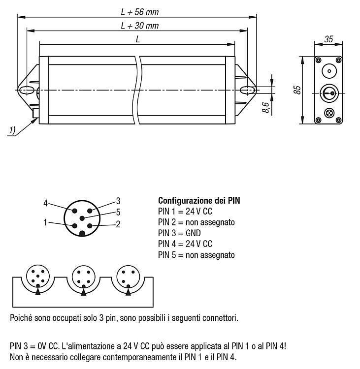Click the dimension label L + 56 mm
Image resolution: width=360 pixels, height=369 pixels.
[140, 12]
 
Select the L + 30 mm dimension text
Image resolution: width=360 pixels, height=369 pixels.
[140, 26]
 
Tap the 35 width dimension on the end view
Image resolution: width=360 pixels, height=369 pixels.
[328, 39]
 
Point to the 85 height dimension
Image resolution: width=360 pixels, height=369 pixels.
[297, 90]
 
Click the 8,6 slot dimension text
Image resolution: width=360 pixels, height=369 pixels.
[265, 107]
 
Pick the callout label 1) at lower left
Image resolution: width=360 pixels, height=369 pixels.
[12, 130]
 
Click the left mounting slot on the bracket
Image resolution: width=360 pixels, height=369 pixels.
[26, 90]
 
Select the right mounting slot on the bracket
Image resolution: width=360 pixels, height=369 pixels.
[248, 90]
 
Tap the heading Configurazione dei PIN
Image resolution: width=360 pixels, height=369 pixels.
[199, 201]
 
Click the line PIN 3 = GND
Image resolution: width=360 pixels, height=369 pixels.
[179, 233]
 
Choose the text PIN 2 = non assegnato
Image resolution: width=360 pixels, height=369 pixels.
[196, 222]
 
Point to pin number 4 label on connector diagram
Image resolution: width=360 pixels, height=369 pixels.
[45, 203]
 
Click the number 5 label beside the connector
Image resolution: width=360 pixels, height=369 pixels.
[118, 212]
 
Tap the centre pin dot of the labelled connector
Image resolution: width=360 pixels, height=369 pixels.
[82, 218]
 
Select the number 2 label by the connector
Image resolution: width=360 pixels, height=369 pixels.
[118, 224]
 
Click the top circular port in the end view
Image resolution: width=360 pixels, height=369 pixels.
[329, 71]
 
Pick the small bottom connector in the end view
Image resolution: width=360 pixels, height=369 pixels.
[329, 113]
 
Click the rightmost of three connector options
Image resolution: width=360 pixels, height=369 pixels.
[128, 277]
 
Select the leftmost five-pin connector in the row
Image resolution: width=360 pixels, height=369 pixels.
[38, 277]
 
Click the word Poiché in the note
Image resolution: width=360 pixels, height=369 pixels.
[21, 318]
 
